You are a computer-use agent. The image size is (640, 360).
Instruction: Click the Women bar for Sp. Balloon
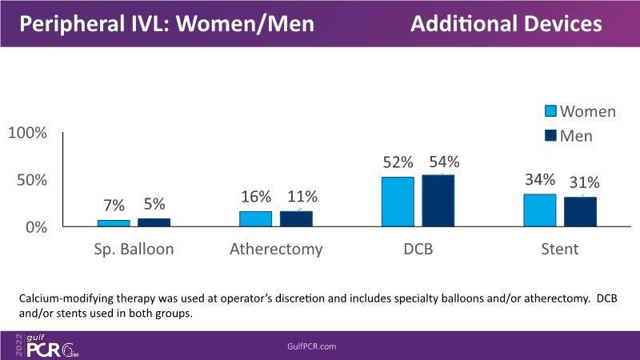(x=114, y=223)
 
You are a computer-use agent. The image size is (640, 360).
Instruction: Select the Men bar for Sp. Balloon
(x=154, y=222)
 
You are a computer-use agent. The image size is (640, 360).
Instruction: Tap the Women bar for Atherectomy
(x=256, y=218)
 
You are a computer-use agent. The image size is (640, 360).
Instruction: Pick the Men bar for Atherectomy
(x=296, y=218)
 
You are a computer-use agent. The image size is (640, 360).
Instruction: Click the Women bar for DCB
(x=398, y=202)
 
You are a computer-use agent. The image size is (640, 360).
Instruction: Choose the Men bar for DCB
(x=438, y=201)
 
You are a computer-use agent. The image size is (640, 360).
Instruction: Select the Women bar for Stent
(x=540, y=210)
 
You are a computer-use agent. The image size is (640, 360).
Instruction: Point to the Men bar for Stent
(x=580, y=212)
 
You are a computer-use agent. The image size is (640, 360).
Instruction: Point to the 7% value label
(x=113, y=206)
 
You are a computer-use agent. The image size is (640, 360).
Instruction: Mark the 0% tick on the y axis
(x=37, y=227)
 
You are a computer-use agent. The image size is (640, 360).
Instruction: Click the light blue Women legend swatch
(x=552, y=111)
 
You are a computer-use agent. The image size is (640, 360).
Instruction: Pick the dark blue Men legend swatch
(x=552, y=135)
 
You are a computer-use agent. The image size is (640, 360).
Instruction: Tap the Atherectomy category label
(x=276, y=250)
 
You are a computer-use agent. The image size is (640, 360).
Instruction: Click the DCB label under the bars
(x=418, y=250)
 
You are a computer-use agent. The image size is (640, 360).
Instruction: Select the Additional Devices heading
(x=506, y=25)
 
